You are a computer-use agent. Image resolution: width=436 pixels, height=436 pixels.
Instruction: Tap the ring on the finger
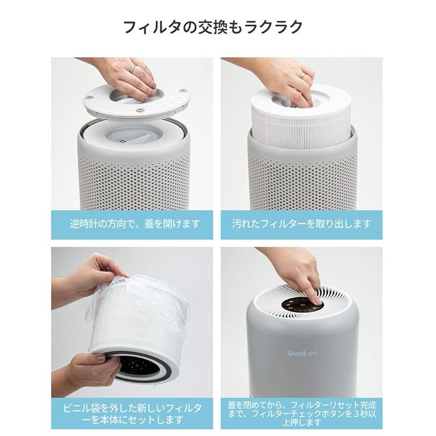coord(132,68)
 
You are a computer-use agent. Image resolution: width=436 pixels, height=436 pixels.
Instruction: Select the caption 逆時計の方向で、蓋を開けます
coord(135,223)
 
